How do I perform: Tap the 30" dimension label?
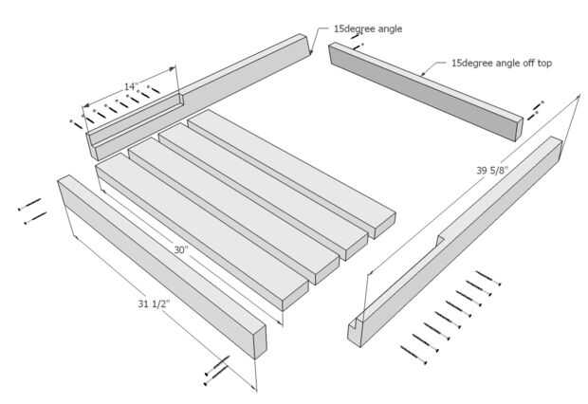point(180,250)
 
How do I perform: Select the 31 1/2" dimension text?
point(157,303)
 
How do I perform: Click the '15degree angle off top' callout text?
point(502,64)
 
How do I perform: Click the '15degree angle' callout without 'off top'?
point(367,28)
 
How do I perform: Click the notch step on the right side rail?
point(440,238)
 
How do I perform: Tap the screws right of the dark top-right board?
point(537,106)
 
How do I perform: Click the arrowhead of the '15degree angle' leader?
point(311,54)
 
